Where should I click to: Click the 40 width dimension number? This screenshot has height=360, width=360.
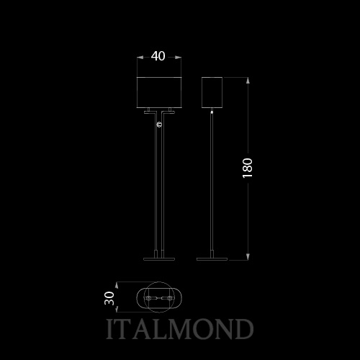pyautogui.click(x=158, y=56)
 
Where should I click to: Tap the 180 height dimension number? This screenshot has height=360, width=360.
pyautogui.click(x=248, y=168)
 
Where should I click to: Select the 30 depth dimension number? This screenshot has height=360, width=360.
pyautogui.click(x=109, y=298)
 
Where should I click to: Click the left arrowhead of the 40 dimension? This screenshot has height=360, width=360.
pyautogui.click(x=140, y=57)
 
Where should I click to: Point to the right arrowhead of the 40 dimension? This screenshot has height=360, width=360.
pyautogui.click(x=178, y=57)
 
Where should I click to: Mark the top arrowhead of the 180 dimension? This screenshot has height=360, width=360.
pyautogui.click(x=248, y=81)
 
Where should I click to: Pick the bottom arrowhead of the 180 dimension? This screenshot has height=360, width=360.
pyautogui.click(x=248, y=257)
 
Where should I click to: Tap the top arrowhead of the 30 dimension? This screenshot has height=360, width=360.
pyautogui.click(x=117, y=285)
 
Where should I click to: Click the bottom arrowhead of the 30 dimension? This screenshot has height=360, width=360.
pyautogui.click(x=117, y=310)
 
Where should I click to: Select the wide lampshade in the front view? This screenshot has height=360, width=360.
pyautogui.click(x=159, y=92)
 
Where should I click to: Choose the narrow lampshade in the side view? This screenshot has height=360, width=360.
pyautogui.click(x=212, y=92)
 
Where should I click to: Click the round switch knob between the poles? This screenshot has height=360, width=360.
pyautogui.click(x=159, y=125)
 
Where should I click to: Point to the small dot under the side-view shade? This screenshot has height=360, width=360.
pyautogui.click(x=212, y=112)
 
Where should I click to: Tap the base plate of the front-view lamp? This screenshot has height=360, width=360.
pyautogui.click(x=159, y=259)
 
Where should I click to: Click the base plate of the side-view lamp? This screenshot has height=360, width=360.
pyautogui.click(x=212, y=259)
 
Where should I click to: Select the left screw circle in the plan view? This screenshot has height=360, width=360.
pyautogui.click(x=148, y=298)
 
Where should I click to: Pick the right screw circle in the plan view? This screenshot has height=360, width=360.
pyautogui.click(x=170, y=298)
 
